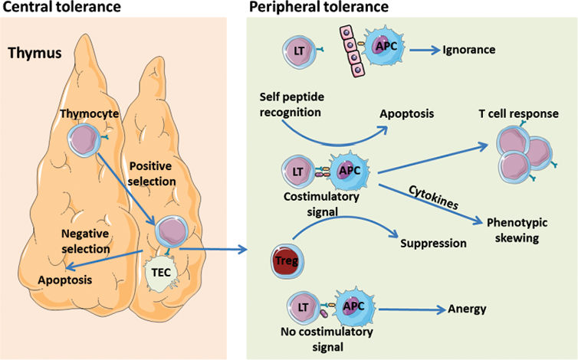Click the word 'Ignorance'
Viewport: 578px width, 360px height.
point(469,51)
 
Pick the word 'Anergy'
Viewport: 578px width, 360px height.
point(468,309)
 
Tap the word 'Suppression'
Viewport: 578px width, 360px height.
point(433,244)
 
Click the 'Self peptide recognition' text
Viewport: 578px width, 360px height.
point(291,106)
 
